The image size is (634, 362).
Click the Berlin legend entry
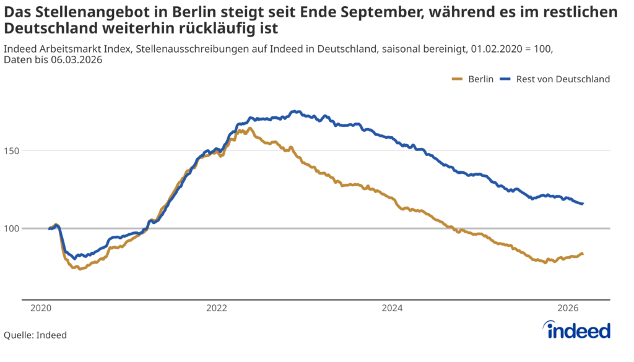pos(480,79)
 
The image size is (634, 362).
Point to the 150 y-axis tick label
pos(13,150)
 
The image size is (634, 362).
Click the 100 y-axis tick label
pos(13,228)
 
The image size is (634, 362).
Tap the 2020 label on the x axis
pos(40,308)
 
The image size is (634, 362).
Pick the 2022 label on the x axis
pos(216,308)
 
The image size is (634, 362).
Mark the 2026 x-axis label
pos(568,308)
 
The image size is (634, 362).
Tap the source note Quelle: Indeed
pos(35,335)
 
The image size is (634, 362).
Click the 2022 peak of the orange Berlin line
pos(250,128)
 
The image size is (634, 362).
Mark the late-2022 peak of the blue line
pos(298,111)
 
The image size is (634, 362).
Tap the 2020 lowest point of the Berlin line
pos(80,269)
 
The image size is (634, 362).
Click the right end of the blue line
pos(583,204)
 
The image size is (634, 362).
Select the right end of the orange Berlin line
pos(583,254)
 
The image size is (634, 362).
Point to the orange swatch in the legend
pos(458,79)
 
